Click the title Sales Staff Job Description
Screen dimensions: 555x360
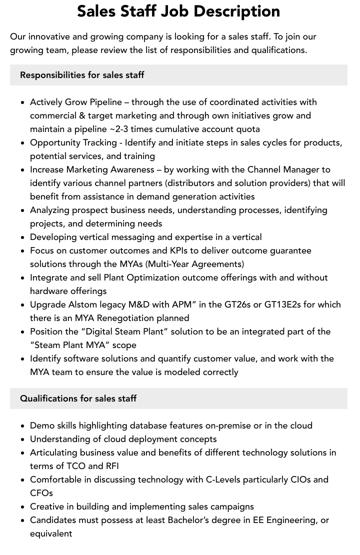click(178, 11)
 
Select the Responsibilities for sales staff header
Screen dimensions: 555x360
click(82, 75)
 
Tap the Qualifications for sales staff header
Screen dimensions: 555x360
click(78, 398)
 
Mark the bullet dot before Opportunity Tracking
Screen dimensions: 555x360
click(23, 143)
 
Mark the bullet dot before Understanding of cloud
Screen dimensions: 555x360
click(23, 439)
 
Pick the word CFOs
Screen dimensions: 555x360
click(41, 493)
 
